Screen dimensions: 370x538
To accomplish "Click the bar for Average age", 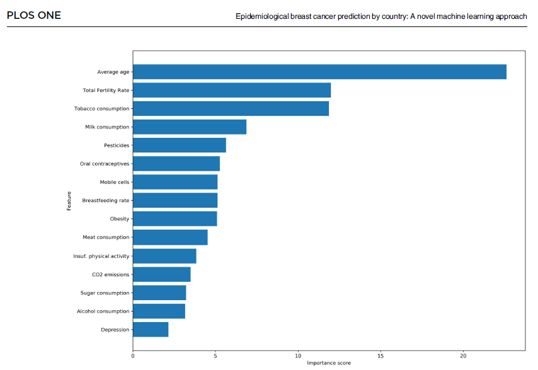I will [x=319, y=72].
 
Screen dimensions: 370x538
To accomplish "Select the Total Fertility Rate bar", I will [x=232, y=90].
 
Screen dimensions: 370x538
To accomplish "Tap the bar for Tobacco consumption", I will [x=231, y=108].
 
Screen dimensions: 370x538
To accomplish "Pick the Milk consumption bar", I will [x=190, y=127].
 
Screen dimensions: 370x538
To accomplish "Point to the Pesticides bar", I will [x=180, y=145].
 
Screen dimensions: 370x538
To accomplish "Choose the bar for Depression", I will [x=151, y=329].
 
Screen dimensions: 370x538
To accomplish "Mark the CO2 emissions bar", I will [x=162, y=274].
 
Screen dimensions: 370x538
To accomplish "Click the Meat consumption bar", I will [x=170, y=237].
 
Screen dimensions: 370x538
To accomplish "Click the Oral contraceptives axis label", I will [x=105, y=164].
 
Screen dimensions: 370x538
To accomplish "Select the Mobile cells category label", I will [x=115, y=182].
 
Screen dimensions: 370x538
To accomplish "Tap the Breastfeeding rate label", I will [x=106, y=201].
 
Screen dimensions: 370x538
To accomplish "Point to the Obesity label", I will [x=120, y=219].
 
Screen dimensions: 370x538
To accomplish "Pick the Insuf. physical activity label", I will [x=101, y=256].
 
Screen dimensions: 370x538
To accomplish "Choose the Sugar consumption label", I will [x=105, y=293].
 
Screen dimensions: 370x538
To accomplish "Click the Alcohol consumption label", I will [x=103, y=311].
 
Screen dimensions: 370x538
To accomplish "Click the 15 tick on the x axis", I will [x=381, y=356].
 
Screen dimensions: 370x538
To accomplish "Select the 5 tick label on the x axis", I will [x=215, y=356].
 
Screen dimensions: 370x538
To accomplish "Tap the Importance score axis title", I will [x=329, y=363].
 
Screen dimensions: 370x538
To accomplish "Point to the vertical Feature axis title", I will [x=69, y=201].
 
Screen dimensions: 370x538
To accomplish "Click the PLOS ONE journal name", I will [x=34, y=15].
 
